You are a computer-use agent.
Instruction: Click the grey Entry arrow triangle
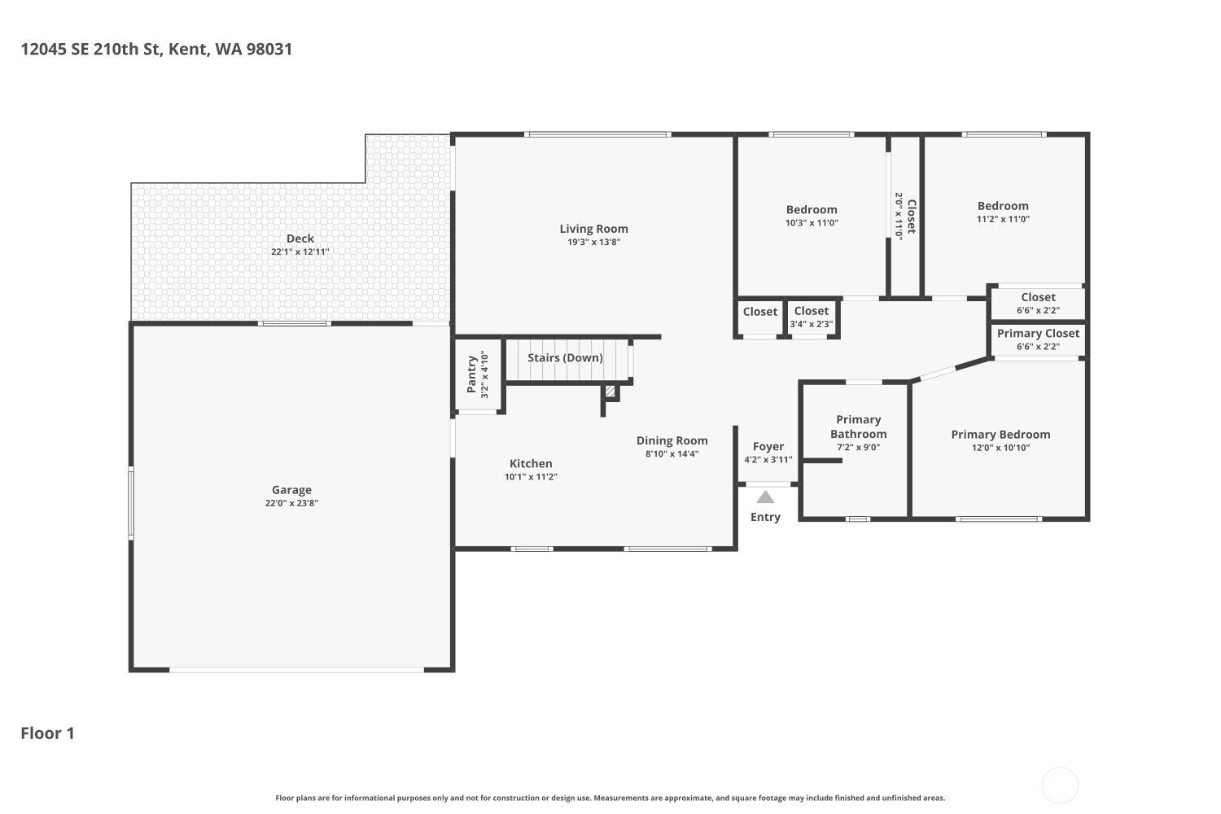[765, 497]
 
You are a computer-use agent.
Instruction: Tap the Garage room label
[291, 489]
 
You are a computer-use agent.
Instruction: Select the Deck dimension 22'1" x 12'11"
[300, 252]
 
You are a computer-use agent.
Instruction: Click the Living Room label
[593, 229]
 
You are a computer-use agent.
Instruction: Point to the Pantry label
[471, 374]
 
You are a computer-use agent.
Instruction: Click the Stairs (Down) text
[565, 357]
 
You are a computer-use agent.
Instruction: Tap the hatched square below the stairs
[610, 391]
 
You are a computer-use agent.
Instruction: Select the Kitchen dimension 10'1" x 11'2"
[531, 476]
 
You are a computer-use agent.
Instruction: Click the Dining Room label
[672, 440]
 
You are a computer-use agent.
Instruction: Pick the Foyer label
[768, 447]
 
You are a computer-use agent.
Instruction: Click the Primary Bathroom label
[859, 427]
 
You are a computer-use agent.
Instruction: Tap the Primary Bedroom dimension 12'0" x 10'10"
[1000, 448]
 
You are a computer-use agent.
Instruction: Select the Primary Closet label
[1039, 333]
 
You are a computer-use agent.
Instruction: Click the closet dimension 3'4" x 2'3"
[812, 324]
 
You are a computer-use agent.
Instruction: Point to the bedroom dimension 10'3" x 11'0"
[812, 222]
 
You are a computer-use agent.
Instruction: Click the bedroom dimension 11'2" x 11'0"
[1003, 219]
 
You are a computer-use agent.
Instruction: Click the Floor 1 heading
[47, 733]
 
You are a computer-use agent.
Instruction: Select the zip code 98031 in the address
[269, 49]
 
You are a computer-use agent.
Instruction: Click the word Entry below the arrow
[765, 517]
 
